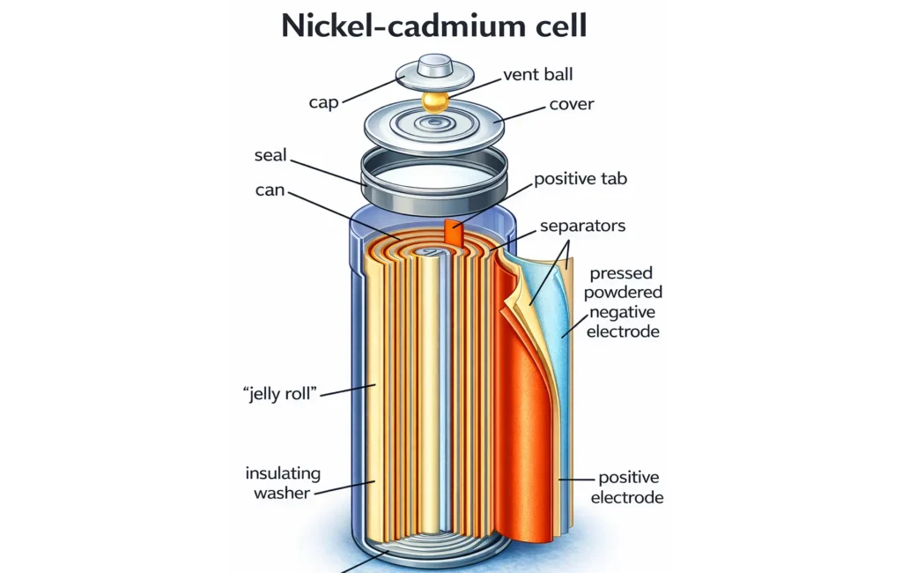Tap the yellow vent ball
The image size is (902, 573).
pyautogui.click(x=435, y=100)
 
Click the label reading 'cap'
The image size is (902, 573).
pyautogui.click(x=324, y=101)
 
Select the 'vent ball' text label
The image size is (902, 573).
pyautogui.click(x=538, y=74)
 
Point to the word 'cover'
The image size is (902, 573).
pyautogui.click(x=572, y=104)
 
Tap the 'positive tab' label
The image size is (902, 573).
pyautogui.click(x=580, y=179)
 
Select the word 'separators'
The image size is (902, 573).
pyautogui.click(x=582, y=226)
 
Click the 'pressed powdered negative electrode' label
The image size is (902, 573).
pyautogui.click(x=626, y=301)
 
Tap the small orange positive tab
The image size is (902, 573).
pyautogui.click(x=454, y=232)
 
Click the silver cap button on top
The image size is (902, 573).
pyautogui.click(x=435, y=68)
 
